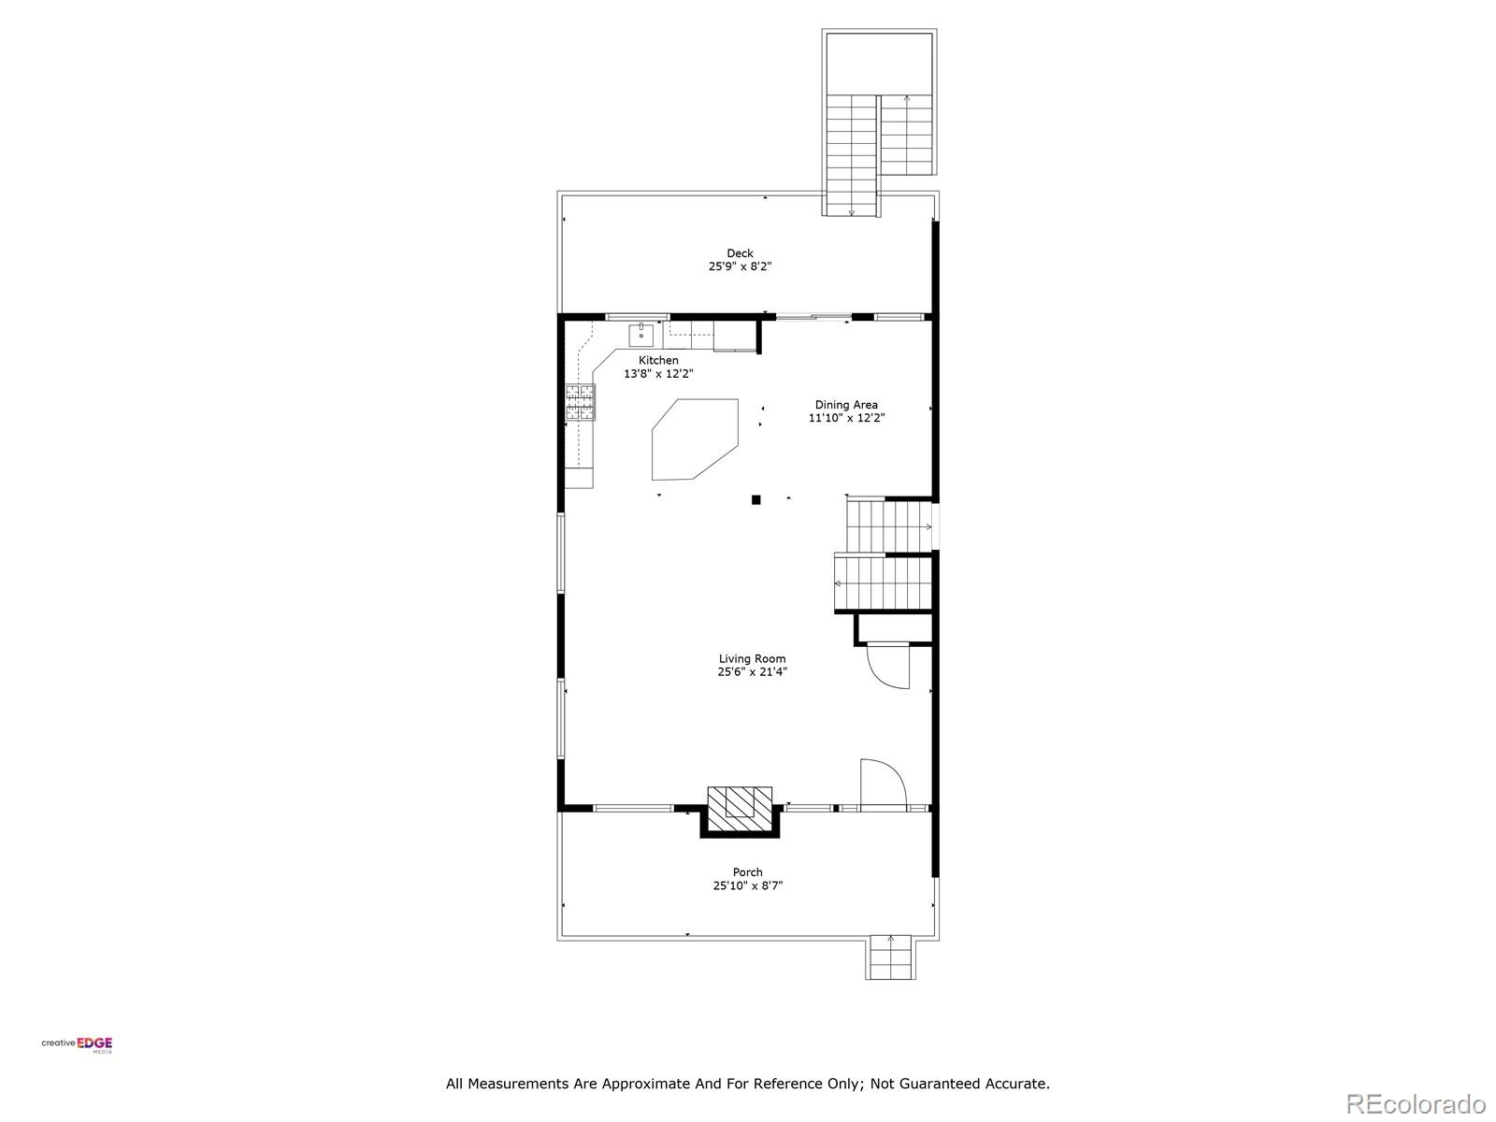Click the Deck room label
click(x=740, y=252)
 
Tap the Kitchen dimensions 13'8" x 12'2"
click(x=658, y=374)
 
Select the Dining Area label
click(x=845, y=405)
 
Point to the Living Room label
click(x=752, y=658)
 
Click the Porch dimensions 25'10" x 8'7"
click(x=747, y=885)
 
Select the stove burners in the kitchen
click(x=580, y=401)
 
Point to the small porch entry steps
click(x=890, y=957)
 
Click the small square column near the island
click(x=756, y=499)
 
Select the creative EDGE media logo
click(x=77, y=1045)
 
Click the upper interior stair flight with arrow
click(x=890, y=526)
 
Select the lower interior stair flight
click(x=884, y=583)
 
